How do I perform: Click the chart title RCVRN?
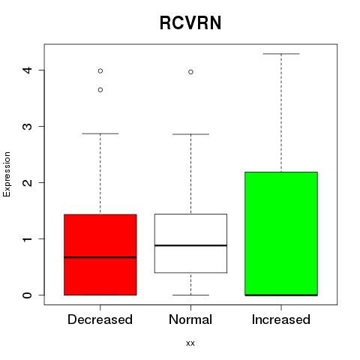(x=190, y=22)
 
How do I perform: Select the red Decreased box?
(x=100, y=255)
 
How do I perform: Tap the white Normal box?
(x=190, y=243)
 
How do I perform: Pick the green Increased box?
(x=281, y=234)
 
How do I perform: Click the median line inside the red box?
(x=100, y=257)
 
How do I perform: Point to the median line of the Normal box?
(x=190, y=245)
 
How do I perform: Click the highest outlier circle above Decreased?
(x=100, y=71)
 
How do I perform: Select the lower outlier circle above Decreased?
(x=100, y=90)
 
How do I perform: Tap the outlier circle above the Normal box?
(x=190, y=72)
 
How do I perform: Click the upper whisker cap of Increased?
(x=281, y=54)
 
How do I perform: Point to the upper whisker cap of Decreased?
(x=100, y=133)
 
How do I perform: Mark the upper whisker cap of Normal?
(x=190, y=134)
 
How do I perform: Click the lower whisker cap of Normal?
(x=190, y=295)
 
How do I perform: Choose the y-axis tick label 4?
(x=28, y=70)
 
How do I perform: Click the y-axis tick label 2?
(x=28, y=182)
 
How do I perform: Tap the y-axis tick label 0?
(x=28, y=295)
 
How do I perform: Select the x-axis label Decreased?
(x=100, y=319)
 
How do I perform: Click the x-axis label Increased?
(x=281, y=319)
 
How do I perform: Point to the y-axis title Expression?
(x=7, y=174)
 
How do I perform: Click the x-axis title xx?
(x=190, y=343)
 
